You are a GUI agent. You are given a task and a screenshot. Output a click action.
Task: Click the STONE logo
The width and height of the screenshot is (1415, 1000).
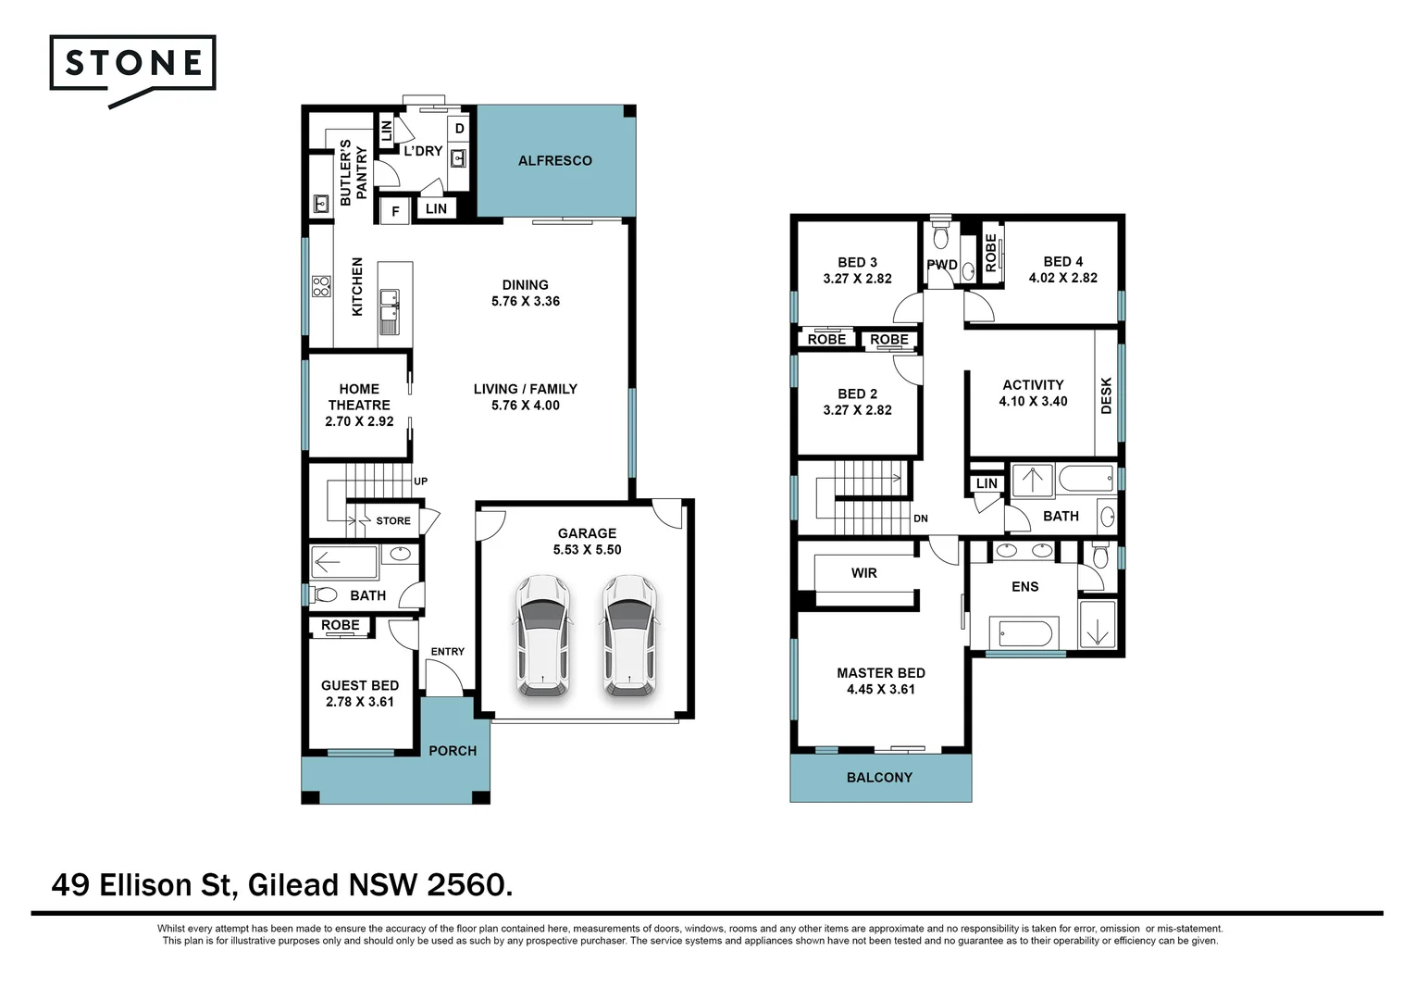coord(132,64)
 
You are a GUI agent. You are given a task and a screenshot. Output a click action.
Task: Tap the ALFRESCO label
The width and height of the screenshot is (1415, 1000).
coord(554,161)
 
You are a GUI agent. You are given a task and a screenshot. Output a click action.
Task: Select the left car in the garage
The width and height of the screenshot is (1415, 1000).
coord(543,635)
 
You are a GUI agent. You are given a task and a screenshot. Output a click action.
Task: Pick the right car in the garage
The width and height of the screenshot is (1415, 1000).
coord(629,635)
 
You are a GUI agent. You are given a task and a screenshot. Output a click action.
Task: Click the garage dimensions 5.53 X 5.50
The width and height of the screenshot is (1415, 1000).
coord(587,550)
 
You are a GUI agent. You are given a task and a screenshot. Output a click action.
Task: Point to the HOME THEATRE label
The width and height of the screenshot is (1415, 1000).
coord(359,397)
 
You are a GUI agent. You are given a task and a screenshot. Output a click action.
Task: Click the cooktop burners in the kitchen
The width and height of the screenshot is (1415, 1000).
coord(321,286)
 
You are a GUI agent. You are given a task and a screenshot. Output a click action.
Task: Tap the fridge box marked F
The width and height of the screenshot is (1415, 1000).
coord(395,212)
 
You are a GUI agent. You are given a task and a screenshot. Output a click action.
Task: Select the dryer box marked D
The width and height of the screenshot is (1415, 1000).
coord(459,129)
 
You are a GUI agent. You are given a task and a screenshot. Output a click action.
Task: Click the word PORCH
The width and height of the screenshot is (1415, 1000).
coord(453,751)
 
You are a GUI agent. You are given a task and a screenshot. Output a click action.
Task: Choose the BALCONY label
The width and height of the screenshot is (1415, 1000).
coord(879,778)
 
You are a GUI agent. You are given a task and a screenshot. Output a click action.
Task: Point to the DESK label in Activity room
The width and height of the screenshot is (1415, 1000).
coord(1106,395)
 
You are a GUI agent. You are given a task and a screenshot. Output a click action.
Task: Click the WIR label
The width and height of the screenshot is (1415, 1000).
coord(863,573)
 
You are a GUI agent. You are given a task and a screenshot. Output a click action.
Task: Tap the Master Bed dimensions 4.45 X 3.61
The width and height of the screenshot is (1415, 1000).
coord(880,690)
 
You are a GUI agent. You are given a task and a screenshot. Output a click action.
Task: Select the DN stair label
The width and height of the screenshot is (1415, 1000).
coord(920,519)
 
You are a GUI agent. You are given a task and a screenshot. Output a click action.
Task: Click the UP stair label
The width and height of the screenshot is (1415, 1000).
coord(420,481)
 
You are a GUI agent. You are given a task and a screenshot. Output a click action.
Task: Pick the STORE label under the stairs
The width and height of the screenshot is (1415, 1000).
coord(392,521)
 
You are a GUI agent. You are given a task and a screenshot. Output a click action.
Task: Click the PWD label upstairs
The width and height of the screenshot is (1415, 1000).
coord(941,265)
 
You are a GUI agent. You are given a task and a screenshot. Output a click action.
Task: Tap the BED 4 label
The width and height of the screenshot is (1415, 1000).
coord(1062,262)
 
